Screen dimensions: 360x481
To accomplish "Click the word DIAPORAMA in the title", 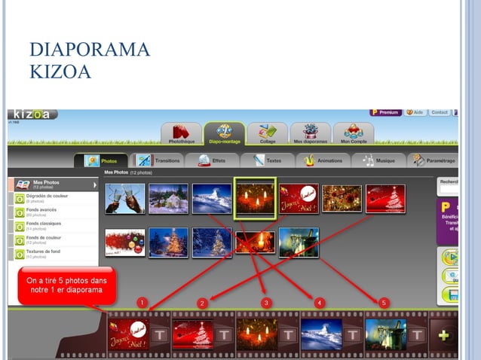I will point(90,51).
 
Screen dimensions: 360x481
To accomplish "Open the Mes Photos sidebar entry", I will point(54,184).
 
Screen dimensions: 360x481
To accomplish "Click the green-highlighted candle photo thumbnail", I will point(256,198).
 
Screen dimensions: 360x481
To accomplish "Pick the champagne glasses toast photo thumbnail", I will point(124,199).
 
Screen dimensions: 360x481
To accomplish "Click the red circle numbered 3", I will point(266,302).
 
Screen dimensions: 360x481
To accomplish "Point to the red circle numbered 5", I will point(384,302).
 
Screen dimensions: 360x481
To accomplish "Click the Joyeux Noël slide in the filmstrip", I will point(129,334).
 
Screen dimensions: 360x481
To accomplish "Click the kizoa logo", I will point(32,114).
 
